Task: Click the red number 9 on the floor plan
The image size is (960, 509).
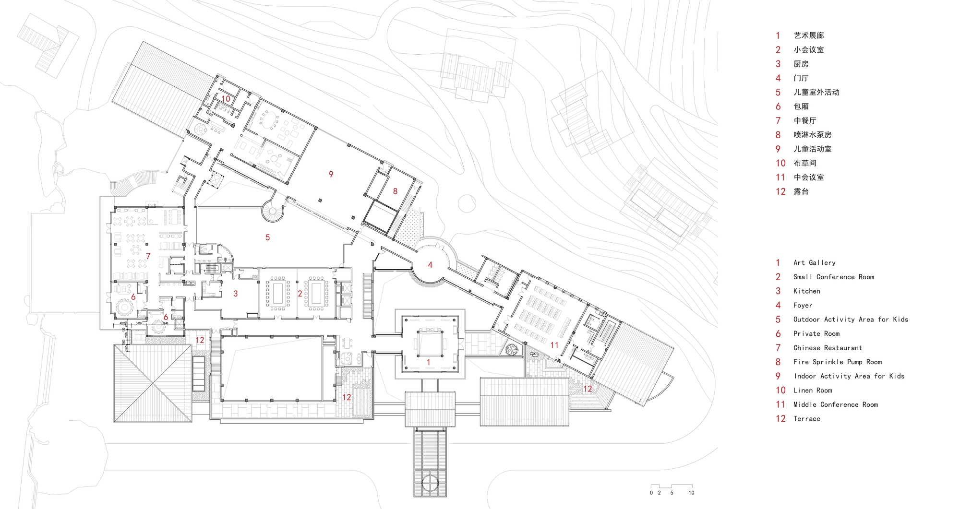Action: [331, 175]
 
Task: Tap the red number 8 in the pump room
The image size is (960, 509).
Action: [395, 191]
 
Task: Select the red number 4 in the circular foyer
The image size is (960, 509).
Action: [430, 265]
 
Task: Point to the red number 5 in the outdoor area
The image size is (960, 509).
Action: [268, 237]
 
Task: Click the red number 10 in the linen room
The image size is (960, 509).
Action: [226, 99]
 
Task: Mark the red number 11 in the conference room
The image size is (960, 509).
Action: [554, 345]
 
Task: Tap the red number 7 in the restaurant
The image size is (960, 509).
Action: [148, 256]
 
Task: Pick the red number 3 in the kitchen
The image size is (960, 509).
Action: [236, 294]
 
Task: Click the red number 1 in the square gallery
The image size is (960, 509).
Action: [429, 362]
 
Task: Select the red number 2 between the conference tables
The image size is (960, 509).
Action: [300, 294]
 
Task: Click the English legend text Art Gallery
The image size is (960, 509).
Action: [814, 263]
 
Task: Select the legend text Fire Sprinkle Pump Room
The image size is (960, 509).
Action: [837, 362]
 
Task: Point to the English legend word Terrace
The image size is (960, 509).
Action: [806, 419]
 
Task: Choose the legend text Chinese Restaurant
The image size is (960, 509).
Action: [828, 348]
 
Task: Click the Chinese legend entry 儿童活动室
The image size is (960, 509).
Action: [812, 149]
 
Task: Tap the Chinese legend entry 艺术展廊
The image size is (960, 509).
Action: [808, 36]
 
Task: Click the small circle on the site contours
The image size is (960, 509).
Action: [467, 203]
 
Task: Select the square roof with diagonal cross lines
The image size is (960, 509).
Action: [153, 383]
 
